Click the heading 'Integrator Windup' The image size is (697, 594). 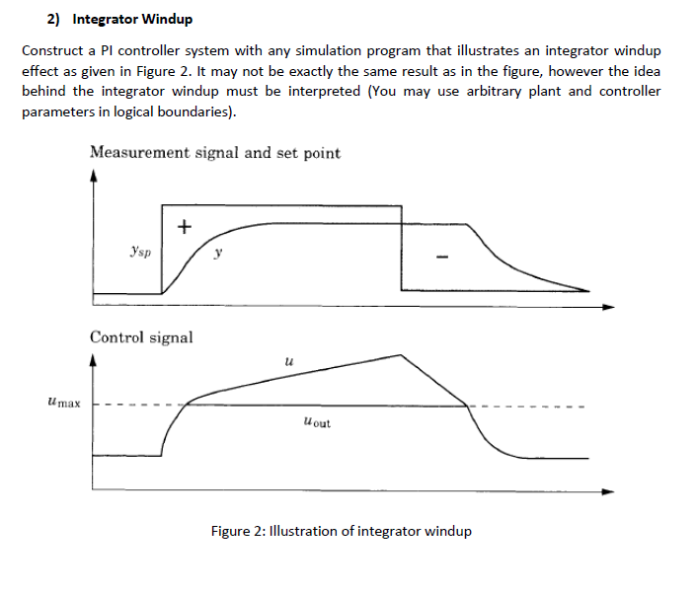click(x=133, y=19)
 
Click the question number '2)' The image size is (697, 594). click(x=54, y=19)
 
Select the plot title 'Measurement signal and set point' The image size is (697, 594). click(x=214, y=153)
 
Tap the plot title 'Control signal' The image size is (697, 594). click(x=141, y=337)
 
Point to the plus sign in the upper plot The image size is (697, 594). click(x=184, y=227)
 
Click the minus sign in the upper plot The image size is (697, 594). click(x=444, y=258)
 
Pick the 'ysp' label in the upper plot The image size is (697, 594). click(x=139, y=253)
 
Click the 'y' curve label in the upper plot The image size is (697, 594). click(x=218, y=254)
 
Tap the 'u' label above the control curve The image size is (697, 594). click(x=287, y=363)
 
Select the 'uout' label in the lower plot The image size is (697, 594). click(x=318, y=423)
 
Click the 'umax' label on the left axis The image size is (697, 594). click(x=63, y=403)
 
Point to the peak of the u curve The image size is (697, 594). click(x=401, y=354)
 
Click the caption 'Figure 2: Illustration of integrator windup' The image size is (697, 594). click(x=342, y=531)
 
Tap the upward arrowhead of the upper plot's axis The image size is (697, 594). click(x=93, y=177)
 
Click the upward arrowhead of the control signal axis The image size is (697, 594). click(x=93, y=361)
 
